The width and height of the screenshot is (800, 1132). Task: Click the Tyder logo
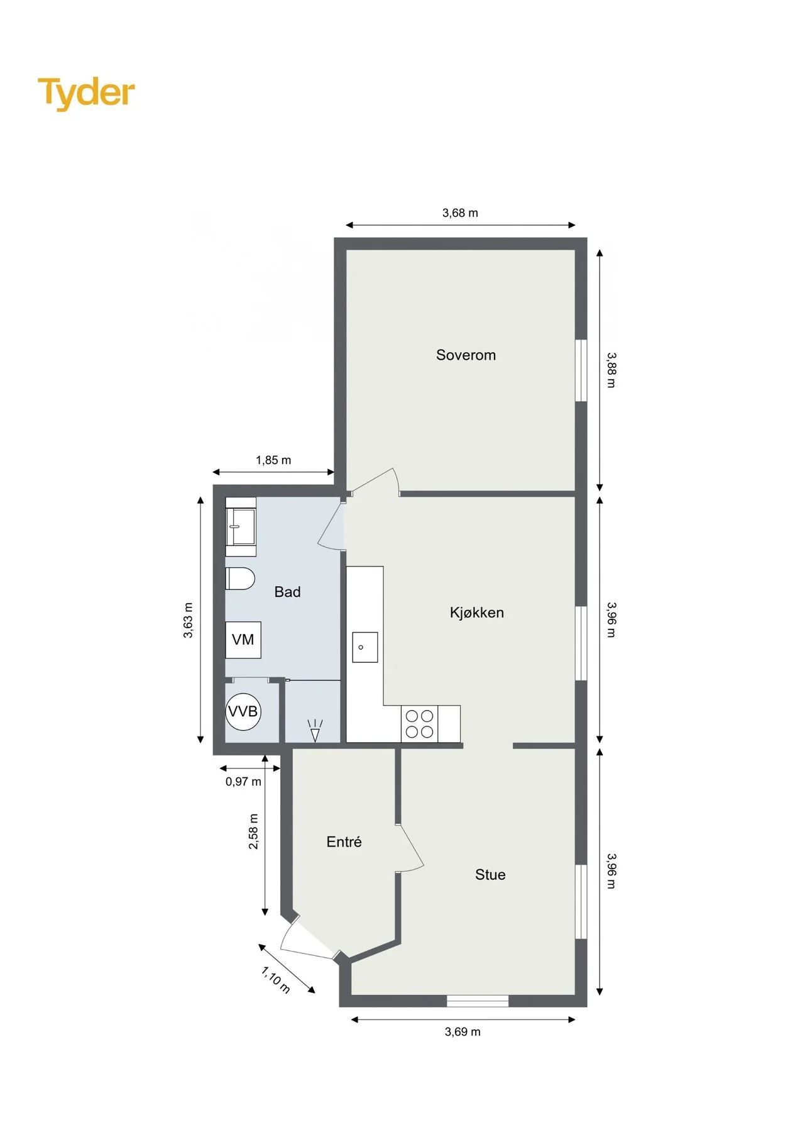click(x=86, y=94)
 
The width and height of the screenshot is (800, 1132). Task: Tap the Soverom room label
click(x=466, y=355)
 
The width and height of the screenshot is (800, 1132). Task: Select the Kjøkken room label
click(x=477, y=613)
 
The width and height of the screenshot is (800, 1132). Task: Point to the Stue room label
click(x=490, y=875)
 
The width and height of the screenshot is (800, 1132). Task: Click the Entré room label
click(x=344, y=841)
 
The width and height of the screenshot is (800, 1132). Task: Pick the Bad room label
click(x=287, y=592)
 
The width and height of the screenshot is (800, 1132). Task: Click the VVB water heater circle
click(x=243, y=711)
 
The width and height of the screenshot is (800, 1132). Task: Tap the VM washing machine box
click(x=243, y=640)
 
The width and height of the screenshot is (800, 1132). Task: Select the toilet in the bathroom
click(x=239, y=579)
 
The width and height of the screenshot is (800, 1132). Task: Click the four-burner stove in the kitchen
click(x=419, y=723)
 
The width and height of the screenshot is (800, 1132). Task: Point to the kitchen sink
click(x=364, y=647)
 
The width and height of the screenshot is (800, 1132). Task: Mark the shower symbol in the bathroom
click(x=315, y=730)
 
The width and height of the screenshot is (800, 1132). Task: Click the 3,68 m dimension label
click(x=460, y=213)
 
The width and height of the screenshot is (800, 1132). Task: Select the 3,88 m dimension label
click(x=611, y=370)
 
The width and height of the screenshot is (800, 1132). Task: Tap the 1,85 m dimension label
click(x=273, y=460)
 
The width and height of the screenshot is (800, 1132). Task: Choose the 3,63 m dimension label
click(x=188, y=621)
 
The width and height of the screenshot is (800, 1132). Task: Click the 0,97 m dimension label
click(x=243, y=782)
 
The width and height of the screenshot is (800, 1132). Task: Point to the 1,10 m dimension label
click(x=276, y=980)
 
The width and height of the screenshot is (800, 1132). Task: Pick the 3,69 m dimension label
click(x=463, y=1032)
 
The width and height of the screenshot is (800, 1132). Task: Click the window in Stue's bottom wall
click(x=478, y=1001)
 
